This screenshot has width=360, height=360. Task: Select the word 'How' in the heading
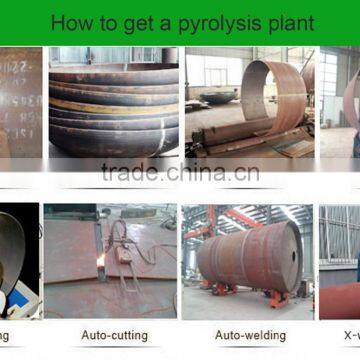[x=69, y=22]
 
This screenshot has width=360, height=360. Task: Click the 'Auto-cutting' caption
[x=114, y=336]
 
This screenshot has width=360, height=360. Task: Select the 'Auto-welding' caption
[x=250, y=336]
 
